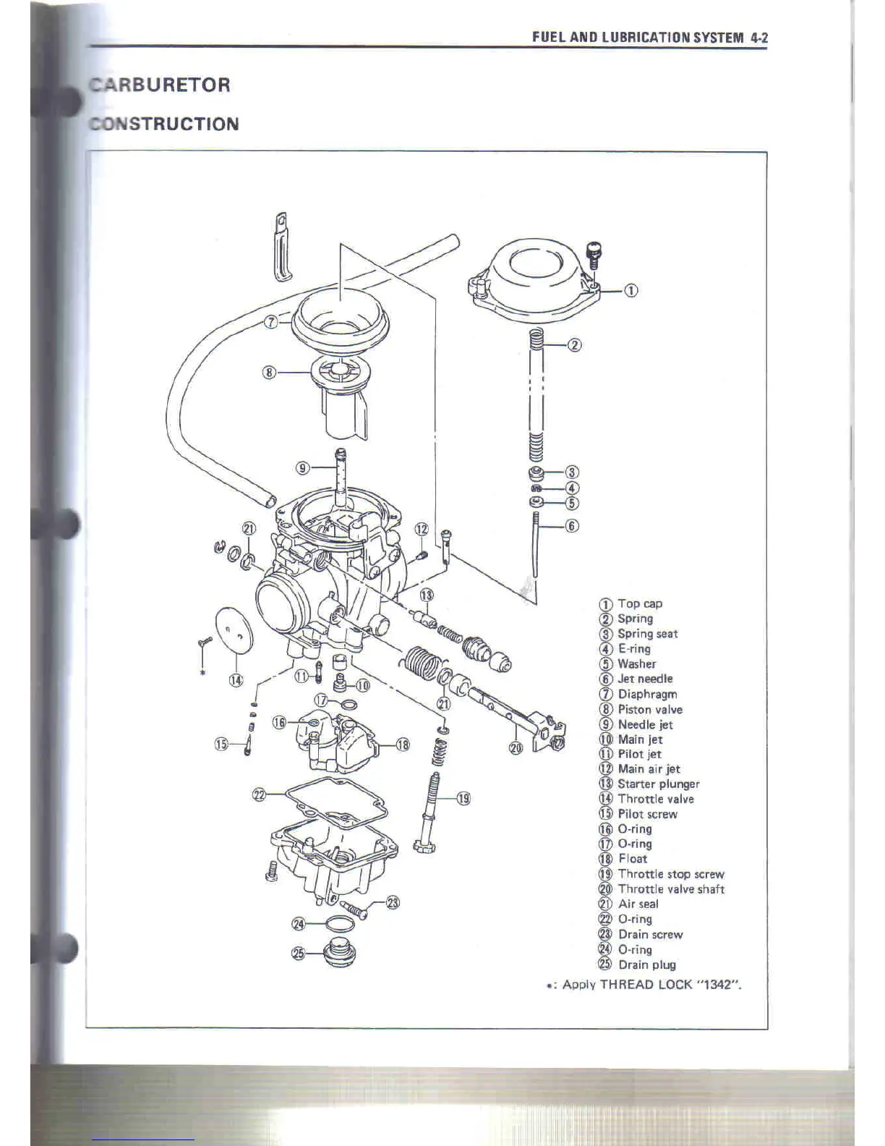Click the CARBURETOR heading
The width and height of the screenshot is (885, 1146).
160,85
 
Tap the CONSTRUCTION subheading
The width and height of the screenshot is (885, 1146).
164,124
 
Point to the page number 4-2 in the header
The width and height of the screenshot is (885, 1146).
758,38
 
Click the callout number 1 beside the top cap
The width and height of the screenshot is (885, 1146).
630,291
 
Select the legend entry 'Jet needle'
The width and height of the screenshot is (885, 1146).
644,679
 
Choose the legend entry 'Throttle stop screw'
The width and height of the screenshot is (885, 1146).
670,874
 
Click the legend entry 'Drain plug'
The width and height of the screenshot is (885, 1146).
646,964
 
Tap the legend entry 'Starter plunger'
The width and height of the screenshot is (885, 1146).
658,784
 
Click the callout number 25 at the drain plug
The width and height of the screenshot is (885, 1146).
298,954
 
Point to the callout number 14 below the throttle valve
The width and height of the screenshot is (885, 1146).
236,680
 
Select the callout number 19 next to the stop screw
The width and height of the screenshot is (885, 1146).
463,799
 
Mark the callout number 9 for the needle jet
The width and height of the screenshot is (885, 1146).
304,468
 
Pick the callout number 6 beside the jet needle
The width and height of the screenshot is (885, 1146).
571,526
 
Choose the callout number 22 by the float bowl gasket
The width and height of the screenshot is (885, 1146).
259,795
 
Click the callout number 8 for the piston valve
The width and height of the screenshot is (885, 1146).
269,373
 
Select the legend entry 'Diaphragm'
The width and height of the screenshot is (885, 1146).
646,694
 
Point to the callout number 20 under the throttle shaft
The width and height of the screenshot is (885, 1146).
515,748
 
